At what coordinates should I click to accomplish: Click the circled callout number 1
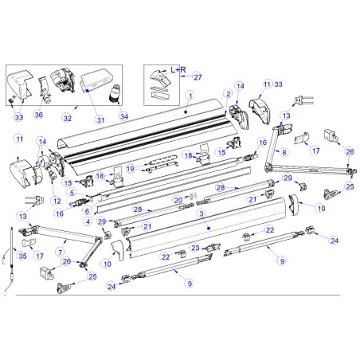190,95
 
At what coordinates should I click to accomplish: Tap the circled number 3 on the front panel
202,213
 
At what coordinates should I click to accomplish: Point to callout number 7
60,251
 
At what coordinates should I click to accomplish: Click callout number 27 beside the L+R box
198,76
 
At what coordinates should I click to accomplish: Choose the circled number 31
100,120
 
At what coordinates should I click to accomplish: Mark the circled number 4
88,221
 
